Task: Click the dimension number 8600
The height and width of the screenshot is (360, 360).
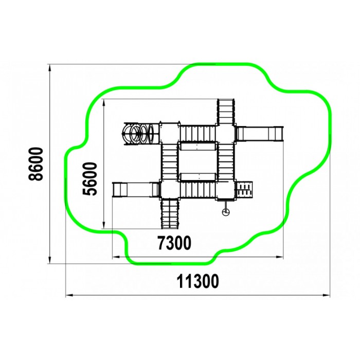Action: [36, 164]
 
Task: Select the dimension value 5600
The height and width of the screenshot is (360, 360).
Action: [90, 179]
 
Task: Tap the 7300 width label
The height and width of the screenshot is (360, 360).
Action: [174, 243]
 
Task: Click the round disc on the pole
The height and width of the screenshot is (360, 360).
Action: [226, 212]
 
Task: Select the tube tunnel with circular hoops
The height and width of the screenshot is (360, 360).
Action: [141, 134]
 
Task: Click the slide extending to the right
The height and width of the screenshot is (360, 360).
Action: [259, 133]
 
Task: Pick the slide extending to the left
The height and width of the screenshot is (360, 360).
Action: [136, 189]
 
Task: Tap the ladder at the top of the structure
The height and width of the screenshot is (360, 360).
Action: [226, 112]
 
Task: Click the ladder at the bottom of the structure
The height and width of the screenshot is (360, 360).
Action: [170, 214]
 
